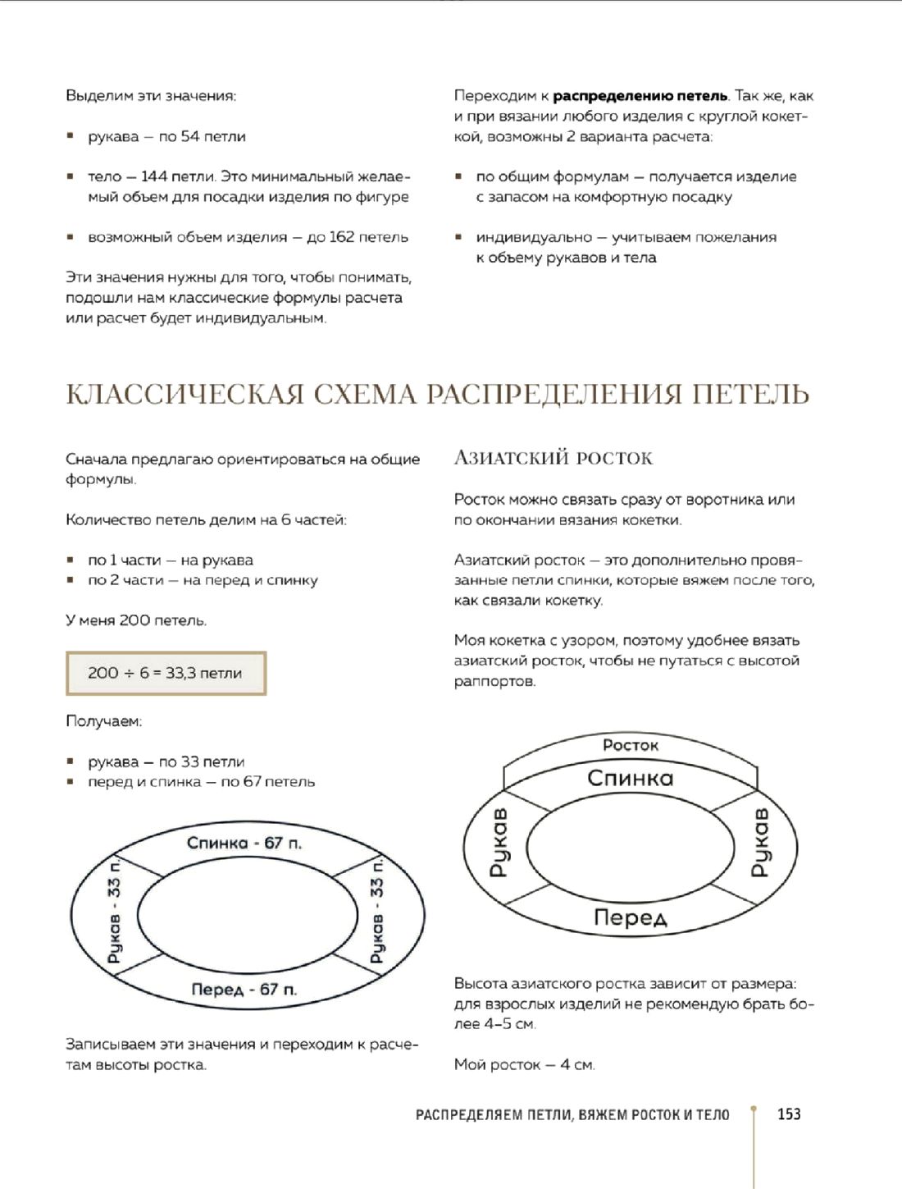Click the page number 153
click(x=789, y=1114)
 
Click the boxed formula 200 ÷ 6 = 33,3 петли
click(x=166, y=673)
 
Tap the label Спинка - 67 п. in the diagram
click(x=244, y=843)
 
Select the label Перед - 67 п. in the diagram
click(x=244, y=990)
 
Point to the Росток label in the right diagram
click(x=631, y=745)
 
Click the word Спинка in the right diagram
click(x=631, y=778)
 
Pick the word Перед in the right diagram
click(x=631, y=917)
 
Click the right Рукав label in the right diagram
click(x=761, y=843)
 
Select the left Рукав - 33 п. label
click(x=114, y=912)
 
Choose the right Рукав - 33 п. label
click(x=376, y=910)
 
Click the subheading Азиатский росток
click(x=553, y=458)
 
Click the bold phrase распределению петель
click(x=640, y=96)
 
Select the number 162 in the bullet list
click(x=341, y=237)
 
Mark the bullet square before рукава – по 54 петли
click(x=71, y=136)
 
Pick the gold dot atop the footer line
click(x=754, y=1107)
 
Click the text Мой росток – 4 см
click(x=524, y=1064)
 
